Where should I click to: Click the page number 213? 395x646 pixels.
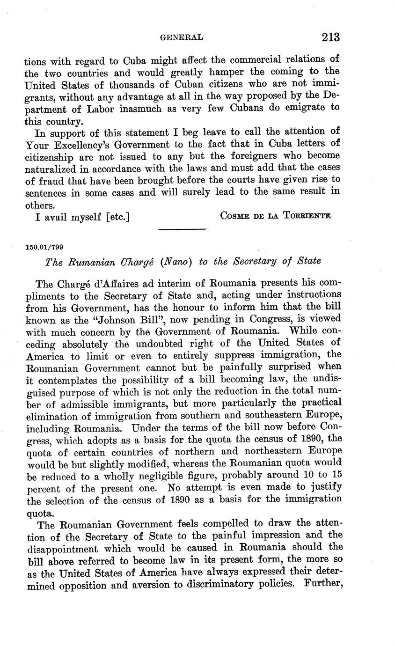point(330,37)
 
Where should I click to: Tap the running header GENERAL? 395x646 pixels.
point(182,37)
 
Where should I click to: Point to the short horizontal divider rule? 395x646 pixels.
point(183,229)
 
